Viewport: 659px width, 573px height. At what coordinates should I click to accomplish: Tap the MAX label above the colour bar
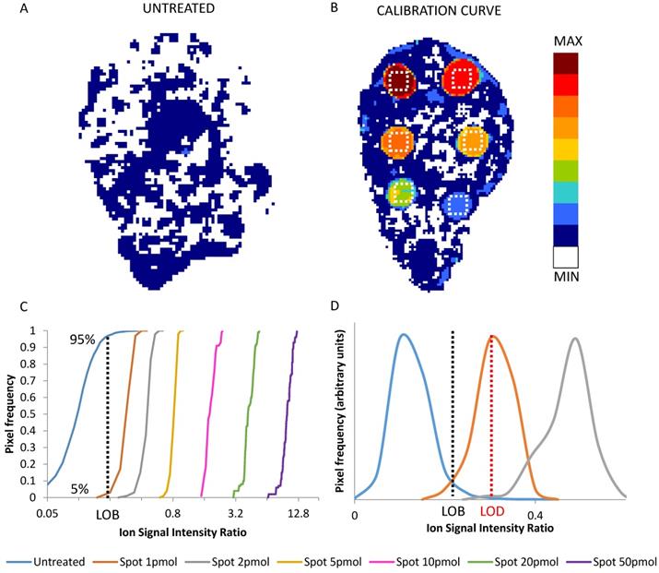568,42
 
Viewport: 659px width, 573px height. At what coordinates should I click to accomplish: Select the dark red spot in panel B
400,81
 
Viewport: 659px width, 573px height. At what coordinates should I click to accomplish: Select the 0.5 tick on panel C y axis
32,414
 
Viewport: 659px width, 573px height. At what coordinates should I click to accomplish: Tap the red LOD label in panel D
492,510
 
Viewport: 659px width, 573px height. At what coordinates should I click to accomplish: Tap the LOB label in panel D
453,510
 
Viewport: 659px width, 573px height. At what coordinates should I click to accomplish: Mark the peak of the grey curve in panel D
576,339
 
